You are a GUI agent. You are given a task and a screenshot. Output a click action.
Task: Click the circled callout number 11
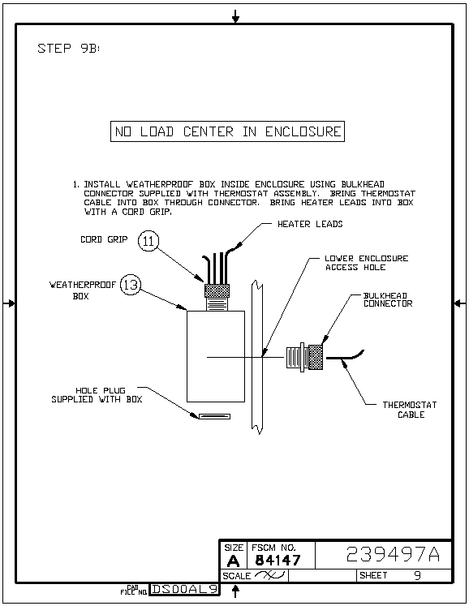tap(148, 241)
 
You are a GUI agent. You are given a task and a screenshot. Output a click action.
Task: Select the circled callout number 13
tap(131, 285)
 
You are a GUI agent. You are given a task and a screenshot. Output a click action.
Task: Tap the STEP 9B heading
tap(68, 49)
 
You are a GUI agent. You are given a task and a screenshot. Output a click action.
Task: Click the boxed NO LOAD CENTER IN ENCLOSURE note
tap(227, 131)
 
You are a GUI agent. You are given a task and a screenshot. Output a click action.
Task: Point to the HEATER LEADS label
tap(310, 224)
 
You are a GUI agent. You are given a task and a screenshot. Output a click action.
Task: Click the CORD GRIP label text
tap(104, 239)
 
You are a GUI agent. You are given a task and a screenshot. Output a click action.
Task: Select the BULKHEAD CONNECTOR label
tap(388, 300)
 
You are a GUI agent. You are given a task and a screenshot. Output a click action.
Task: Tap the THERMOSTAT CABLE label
tap(410, 410)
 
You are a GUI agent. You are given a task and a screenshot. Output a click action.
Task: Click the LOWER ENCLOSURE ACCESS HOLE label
tap(367, 263)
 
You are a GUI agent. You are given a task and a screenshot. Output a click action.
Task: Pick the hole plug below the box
tap(214, 416)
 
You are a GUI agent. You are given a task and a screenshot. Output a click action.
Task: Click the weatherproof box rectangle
tap(216, 356)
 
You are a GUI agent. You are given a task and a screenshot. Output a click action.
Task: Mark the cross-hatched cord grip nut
tap(217, 290)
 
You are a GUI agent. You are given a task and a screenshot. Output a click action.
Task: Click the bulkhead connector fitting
tap(304, 357)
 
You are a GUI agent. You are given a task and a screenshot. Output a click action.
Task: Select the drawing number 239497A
tap(393, 554)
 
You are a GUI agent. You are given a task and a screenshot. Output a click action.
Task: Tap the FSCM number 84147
tap(278, 560)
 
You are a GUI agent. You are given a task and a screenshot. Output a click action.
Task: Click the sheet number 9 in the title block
tap(417, 575)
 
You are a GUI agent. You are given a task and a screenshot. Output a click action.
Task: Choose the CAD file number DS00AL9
tap(184, 589)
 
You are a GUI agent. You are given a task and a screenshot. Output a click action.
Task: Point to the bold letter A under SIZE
tap(233, 561)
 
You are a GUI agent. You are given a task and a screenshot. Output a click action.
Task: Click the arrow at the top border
tap(235, 16)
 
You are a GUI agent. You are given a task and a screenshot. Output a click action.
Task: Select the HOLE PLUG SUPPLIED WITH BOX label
tap(97, 394)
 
